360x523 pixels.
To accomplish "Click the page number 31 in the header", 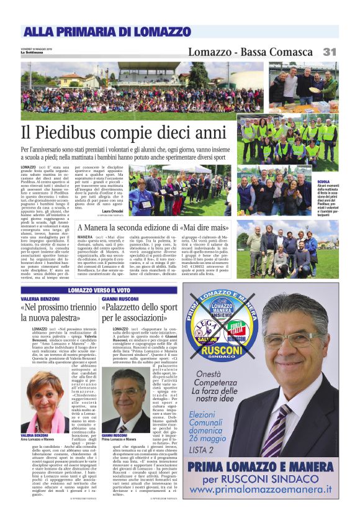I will (x=330, y=52).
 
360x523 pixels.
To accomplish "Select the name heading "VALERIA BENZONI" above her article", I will (x=40, y=299).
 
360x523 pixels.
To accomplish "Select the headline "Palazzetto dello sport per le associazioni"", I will (x=140, y=313).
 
